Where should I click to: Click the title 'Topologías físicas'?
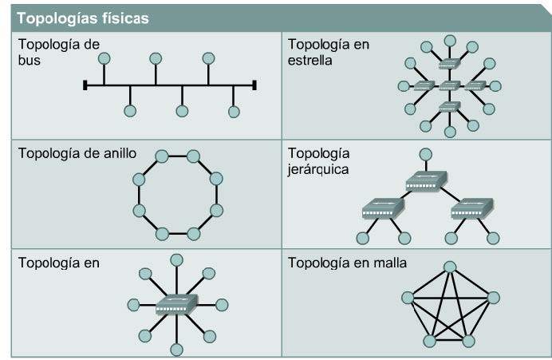[x=82, y=18]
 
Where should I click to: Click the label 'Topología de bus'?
[x=58, y=52]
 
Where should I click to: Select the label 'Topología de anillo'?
[x=77, y=153]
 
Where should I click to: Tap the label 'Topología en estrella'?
[x=329, y=52]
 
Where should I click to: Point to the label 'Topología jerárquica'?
[x=319, y=160]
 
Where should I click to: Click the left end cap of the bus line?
[x=85, y=84]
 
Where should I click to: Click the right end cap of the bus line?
[x=254, y=84]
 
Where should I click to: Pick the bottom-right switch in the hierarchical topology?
[x=468, y=210]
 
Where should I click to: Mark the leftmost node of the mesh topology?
[x=408, y=299]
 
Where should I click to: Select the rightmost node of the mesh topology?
[x=495, y=297]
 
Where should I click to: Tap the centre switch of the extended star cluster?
[x=449, y=85]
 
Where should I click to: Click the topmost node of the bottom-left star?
[x=177, y=259]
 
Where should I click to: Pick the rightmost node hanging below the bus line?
[x=234, y=111]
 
